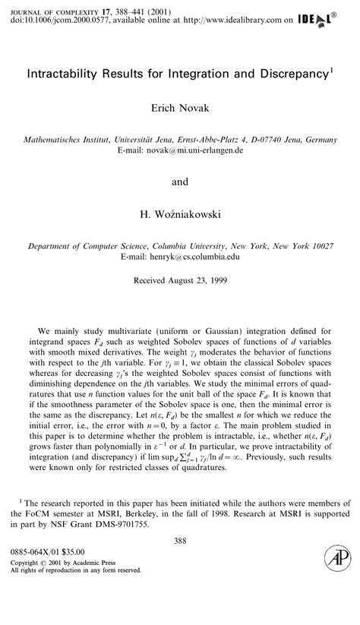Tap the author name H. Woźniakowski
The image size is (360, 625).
click(x=180, y=216)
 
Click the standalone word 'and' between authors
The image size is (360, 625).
click(x=180, y=182)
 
